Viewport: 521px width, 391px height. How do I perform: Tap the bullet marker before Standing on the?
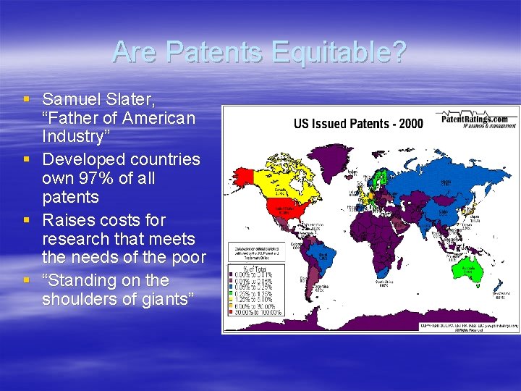point(27,280)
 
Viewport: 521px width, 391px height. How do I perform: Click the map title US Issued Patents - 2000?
point(358,124)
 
